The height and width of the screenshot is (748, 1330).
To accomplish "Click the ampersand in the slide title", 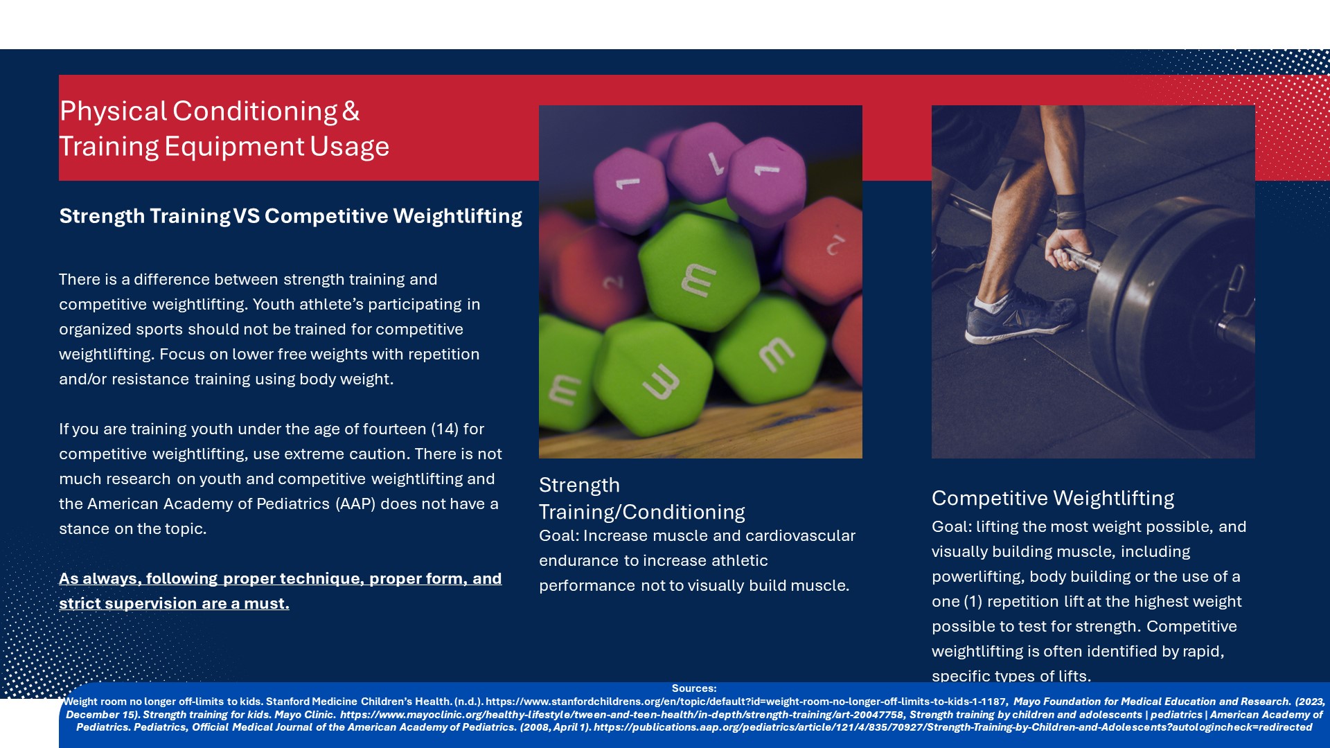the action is pyautogui.click(x=351, y=112).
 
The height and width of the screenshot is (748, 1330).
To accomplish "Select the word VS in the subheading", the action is pyautogui.click(x=247, y=216).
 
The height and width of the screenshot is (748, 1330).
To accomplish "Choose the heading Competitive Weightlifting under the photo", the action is pyautogui.click(x=1053, y=499).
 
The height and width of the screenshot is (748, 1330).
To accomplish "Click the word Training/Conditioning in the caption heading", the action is pyautogui.click(x=642, y=513).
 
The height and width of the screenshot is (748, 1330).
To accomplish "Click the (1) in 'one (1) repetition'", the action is pyautogui.click(x=973, y=602).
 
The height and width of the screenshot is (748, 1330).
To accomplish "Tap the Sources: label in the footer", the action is pyautogui.click(x=694, y=688).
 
